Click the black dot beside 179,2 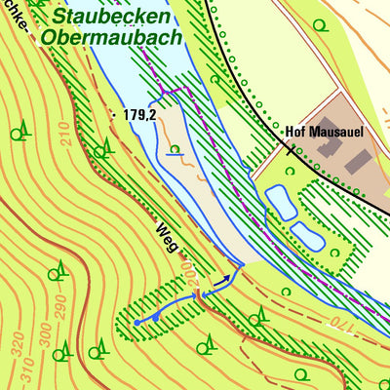pos(114,114)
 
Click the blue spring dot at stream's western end pos(136,320)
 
